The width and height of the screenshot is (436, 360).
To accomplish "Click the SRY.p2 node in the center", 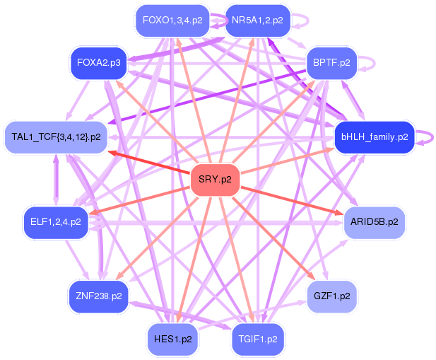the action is pos(216,179).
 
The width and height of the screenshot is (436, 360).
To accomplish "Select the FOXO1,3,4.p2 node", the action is pos(172,20).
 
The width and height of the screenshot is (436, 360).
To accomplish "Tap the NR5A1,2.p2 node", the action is pos(257,20).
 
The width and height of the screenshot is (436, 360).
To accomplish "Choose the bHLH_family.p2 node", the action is pos(374,137).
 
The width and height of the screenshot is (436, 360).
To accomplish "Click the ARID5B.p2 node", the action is pos(374,222).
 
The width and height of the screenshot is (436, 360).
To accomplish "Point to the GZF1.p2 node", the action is pos(331,296).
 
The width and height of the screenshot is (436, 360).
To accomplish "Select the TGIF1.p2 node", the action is pos(257,339).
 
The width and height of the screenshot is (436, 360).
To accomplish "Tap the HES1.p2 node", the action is pos(172,339).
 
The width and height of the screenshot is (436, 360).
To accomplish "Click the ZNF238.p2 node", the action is pos(99,296).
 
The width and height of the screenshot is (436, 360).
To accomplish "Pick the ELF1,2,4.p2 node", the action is pos(56,222).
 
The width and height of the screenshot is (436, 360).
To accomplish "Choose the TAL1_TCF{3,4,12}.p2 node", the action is pos(56,137).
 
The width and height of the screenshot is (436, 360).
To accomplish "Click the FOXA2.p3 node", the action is pos(99,63).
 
